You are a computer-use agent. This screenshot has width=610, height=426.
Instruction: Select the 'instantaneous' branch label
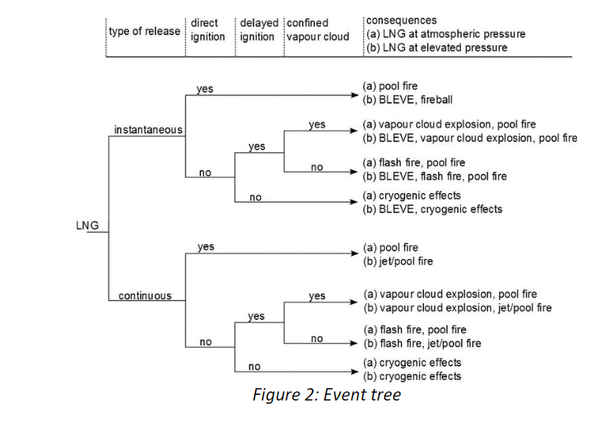click(148, 130)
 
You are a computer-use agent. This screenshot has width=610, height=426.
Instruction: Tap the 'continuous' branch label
click(145, 295)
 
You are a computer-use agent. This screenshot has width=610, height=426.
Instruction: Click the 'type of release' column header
click(145, 30)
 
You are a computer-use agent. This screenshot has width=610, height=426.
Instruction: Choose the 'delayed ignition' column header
click(258, 30)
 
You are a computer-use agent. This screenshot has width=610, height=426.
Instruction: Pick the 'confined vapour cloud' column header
click(318, 30)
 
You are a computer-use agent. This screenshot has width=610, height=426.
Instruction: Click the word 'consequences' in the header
click(402, 21)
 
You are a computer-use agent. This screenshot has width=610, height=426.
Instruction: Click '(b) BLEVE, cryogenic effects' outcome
click(431, 209)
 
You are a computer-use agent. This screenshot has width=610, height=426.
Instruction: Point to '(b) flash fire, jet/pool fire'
click(421, 343)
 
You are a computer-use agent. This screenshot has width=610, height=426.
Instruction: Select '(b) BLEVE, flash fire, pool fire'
click(435, 177)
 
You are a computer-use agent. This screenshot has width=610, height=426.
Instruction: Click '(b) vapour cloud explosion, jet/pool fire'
click(457, 308)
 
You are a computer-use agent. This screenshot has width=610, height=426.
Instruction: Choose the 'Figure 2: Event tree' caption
click(327, 396)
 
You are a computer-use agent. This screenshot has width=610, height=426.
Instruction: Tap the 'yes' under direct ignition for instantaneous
click(204, 88)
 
